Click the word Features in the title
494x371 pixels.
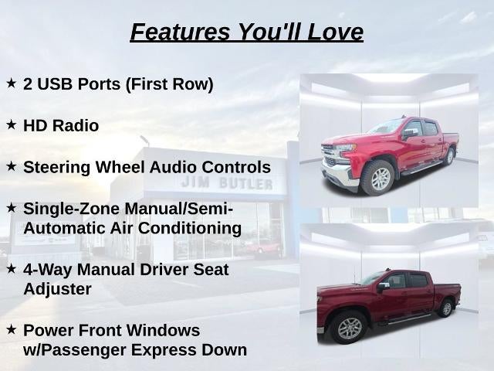tap(180, 32)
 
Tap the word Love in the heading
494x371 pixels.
tap(335, 32)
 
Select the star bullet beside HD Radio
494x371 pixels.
tap(11, 124)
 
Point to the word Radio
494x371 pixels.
tap(76, 125)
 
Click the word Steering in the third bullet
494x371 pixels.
tap(56, 168)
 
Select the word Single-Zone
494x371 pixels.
tap(72, 209)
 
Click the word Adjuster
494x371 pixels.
tap(57, 289)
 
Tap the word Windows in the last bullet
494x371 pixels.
tap(163, 331)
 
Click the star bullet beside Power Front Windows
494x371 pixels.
tap(11, 330)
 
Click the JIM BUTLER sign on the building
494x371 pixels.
tap(227, 183)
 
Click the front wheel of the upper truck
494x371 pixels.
tap(377, 179)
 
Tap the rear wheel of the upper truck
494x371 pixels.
tap(449, 156)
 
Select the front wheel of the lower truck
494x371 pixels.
tap(349, 328)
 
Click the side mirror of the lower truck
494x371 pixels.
tap(383, 287)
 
